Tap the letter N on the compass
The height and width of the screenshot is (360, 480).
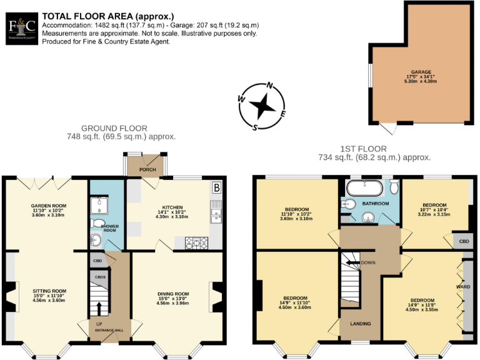pos(270,86)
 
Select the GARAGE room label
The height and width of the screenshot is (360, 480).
pos(421,72)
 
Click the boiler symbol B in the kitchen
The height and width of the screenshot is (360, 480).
pos(216,187)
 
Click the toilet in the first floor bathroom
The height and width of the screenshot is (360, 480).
pos(394,187)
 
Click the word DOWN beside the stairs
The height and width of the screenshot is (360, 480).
pos(368,262)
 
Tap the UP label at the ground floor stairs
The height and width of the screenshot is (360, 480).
pos(99,324)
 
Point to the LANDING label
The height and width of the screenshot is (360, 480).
pos(361,323)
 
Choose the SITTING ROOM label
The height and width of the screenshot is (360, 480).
pos(49,291)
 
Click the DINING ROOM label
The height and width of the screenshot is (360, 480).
pos(172,294)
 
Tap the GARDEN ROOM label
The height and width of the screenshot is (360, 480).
pos(49,205)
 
